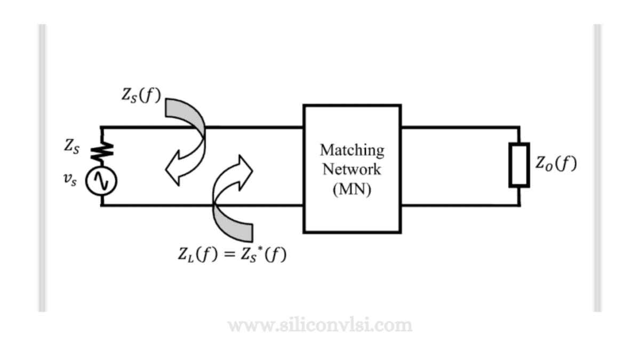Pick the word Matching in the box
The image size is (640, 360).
point(351,150)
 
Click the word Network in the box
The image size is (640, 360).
point(351,169)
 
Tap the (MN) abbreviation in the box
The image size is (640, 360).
point(351,189)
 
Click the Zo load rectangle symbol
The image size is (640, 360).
point(519,165)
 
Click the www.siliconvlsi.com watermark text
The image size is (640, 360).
point(320,325)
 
